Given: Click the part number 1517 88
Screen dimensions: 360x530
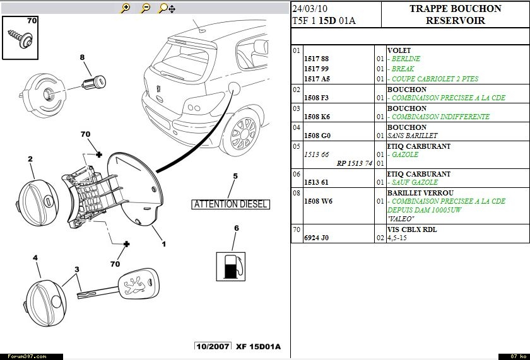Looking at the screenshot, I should click(x=317, y=59).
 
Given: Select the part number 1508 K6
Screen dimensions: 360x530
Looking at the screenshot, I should click(x=317, y=117).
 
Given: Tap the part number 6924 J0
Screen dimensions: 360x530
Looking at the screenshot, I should click(x=316, y=238).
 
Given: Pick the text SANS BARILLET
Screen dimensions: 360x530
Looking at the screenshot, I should click(x=412, y=136).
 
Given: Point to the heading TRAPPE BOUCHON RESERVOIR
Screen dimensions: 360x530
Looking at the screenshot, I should click(x=455, y=15).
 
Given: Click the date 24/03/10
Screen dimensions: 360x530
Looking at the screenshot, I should click(x=310, y=9).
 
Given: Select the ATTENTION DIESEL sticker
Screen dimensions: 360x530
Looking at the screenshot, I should click(x=231, y=204).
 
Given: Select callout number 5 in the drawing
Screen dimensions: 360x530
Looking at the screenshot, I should click(x=235, y=176).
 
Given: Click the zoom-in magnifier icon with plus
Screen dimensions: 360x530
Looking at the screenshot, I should click(x=126, y=8).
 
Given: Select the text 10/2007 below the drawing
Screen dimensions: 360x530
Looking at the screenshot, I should click(x=213, y=347).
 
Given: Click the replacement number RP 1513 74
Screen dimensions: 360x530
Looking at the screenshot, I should click(x=355, y=163).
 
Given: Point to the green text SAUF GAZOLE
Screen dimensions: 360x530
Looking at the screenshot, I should click(x=414, y=182).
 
